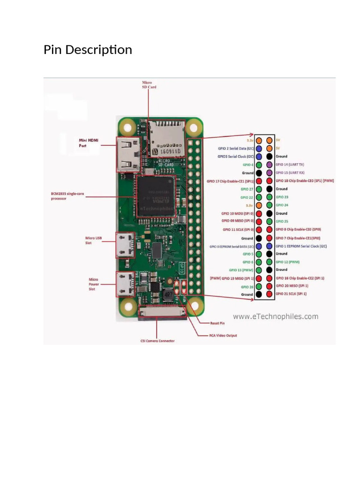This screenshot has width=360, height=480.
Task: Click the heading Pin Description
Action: click(x=88, y=50)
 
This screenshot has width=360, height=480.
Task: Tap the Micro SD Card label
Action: click(x=149, y=85)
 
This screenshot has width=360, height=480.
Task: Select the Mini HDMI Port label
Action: click(x=89, y=142)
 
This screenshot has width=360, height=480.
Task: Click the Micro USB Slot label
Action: click(x=93, y=240)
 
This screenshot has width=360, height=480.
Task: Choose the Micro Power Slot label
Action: click(x=94, y=284)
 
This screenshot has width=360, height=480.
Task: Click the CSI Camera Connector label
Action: click(x=157, y=341)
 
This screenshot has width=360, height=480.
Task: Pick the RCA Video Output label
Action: click(x=223, y=335)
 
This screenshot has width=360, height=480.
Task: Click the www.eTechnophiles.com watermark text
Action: click(x=276, y=316)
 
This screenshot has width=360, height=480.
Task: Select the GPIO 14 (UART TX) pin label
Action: click(x=290, y=165)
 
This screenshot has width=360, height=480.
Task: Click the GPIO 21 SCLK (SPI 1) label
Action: click(x=291, y=293)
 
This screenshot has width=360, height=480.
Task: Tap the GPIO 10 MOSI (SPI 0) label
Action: click(x=237, y=213)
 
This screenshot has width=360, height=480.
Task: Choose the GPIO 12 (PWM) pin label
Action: click(x=288, y=262)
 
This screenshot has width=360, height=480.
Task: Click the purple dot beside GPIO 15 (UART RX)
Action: click(x=269, y=173)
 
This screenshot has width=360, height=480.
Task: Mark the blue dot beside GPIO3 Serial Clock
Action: click(x=259, y=157)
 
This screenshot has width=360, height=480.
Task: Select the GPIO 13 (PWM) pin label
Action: click(x=241, y=270)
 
